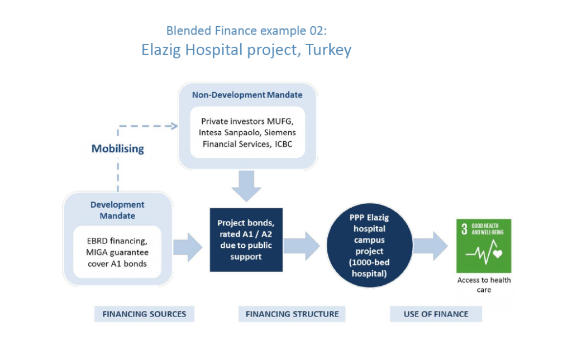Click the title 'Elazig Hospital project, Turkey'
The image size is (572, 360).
246,50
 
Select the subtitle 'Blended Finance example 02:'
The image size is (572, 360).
246,31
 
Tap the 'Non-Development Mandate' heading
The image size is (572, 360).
247,95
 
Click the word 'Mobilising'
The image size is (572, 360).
117,148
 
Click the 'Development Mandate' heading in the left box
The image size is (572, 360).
117,210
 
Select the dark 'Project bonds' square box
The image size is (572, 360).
246,240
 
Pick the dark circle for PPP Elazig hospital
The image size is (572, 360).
370,245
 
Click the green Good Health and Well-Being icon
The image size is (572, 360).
484,246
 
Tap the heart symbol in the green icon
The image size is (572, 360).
498,253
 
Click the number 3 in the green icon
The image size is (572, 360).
464,229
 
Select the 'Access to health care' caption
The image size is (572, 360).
484,285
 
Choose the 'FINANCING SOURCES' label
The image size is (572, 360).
144,314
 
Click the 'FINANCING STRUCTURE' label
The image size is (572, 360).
292,314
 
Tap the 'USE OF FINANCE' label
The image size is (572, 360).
436,314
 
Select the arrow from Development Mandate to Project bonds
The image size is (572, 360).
188,247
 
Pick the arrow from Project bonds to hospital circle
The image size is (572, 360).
301,246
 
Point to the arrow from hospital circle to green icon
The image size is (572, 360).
431,246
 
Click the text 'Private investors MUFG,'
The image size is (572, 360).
247,121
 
